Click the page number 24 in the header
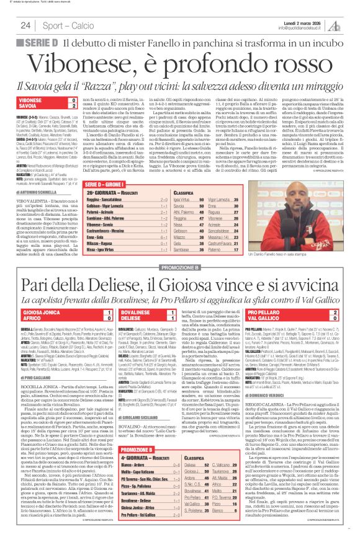[25, 25]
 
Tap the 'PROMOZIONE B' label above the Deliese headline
[180, 249]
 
